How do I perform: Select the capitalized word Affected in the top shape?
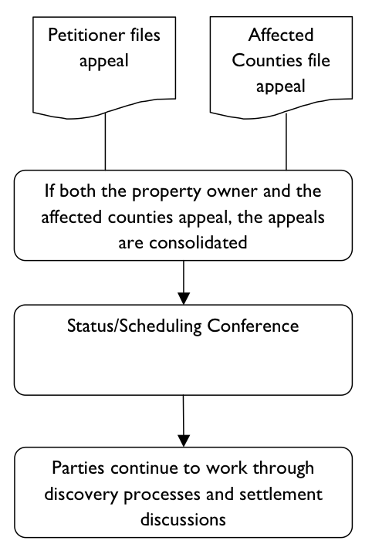point(272,35)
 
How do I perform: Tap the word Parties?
point(79,468)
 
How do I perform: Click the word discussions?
point(183,518)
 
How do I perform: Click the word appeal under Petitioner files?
point(103,60)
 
